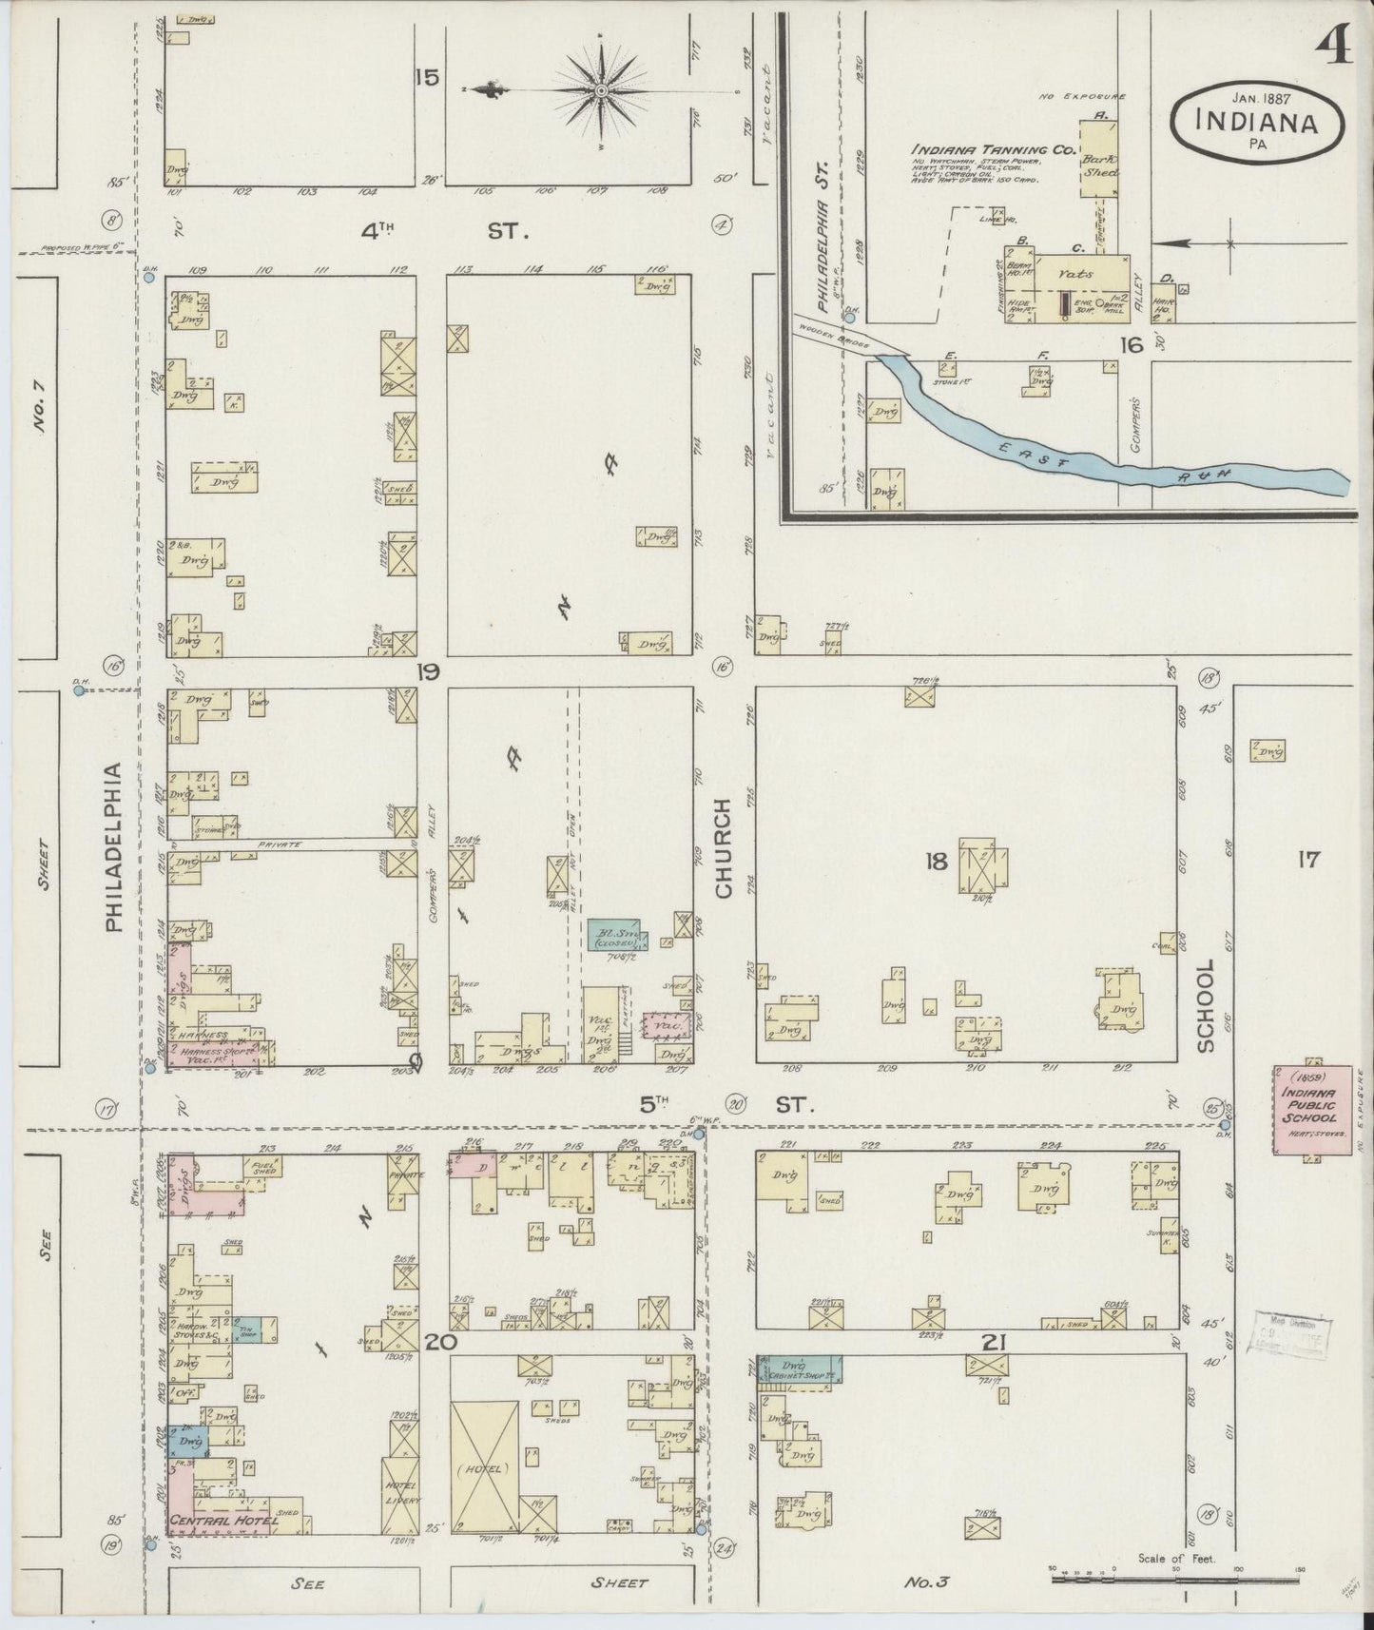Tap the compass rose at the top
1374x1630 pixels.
click(601, 90)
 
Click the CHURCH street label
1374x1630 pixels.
click(724, 848)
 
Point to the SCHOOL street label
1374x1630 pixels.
click(1206, 1005)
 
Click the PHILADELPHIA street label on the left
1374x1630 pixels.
click(113, 846)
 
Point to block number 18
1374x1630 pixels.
click(937, 862)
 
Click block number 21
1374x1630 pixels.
click(995, 1342)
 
